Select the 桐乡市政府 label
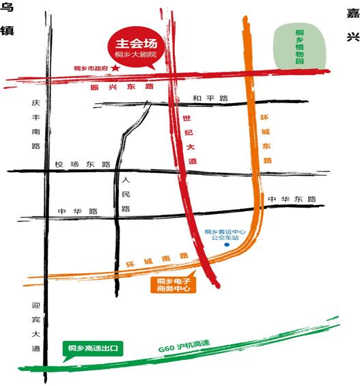(92, 68)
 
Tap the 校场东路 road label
(82, 165)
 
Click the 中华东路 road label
(292, 199)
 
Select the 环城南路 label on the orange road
(157, 260)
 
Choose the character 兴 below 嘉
(352, 36)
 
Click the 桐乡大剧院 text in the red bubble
(137, 53)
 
